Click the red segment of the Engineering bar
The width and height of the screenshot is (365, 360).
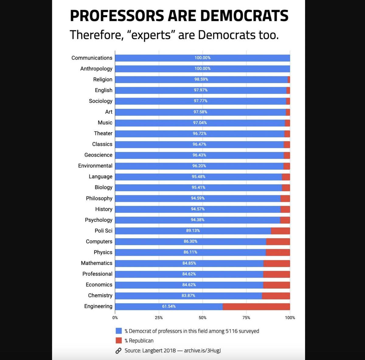(256, 306)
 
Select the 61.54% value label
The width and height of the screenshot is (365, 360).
(169, 306)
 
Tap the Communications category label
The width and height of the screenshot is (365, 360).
(92, 58)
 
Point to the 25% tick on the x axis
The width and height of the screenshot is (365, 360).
(159, 318)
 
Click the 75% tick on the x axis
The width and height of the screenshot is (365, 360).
(246, 318)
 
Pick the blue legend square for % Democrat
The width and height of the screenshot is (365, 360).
(119, 331)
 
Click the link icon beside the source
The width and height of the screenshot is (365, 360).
(119, 351)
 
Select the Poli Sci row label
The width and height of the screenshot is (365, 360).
(103, 231)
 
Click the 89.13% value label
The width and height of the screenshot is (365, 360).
(193, 231)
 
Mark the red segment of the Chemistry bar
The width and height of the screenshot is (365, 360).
(276, 296)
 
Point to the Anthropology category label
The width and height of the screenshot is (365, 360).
(96, 69)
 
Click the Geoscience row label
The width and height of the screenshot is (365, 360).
(98, 155)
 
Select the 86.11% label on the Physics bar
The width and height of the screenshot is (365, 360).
(190, 252)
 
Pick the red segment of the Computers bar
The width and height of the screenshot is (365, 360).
(278, 242)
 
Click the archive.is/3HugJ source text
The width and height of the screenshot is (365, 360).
(202, 351)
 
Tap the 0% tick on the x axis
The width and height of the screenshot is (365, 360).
(115, 318)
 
